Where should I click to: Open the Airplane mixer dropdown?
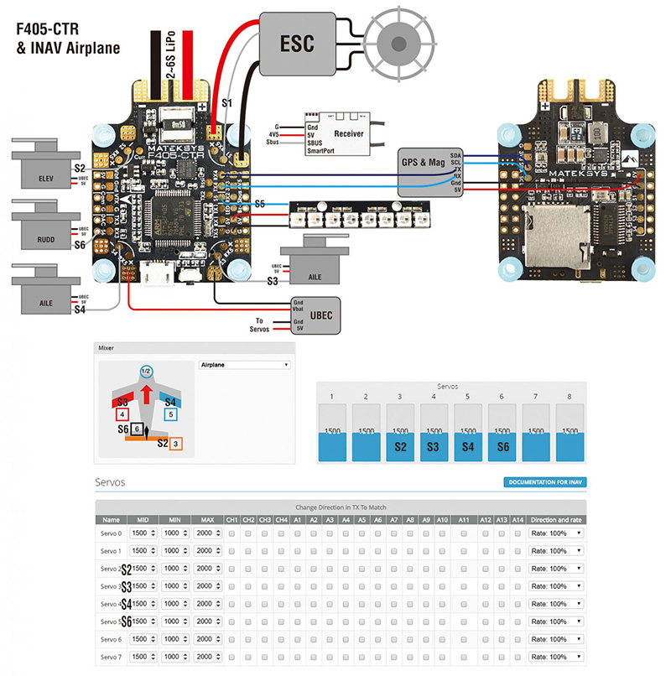tap(244, 365)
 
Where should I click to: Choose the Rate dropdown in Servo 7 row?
tap(555, 656)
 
